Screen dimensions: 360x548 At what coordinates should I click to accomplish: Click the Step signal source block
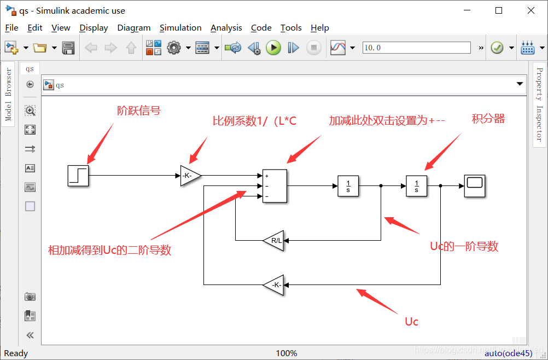78,176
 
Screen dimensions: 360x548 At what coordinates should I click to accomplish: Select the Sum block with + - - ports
275,186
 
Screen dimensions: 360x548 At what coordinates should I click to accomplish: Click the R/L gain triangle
274,241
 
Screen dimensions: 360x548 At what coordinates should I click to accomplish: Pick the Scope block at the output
475,186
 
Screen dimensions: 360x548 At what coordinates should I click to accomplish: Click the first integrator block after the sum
348,186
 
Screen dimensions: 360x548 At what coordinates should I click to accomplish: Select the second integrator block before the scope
416,186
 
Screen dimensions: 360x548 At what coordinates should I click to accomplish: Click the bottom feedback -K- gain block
274,284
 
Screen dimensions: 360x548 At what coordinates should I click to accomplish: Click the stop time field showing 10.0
416,48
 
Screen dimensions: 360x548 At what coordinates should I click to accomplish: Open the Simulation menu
180,28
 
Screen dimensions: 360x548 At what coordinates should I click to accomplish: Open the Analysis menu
226,28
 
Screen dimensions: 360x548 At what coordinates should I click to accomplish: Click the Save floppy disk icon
68,48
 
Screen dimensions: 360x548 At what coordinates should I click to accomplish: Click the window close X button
530,10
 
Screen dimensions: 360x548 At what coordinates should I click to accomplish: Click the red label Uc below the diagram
411,322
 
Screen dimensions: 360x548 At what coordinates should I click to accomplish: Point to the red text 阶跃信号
139,111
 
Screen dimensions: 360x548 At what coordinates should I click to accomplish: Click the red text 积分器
488,119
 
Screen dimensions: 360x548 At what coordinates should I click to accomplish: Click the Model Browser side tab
8,94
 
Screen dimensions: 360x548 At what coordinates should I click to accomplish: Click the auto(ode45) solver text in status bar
508,353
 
